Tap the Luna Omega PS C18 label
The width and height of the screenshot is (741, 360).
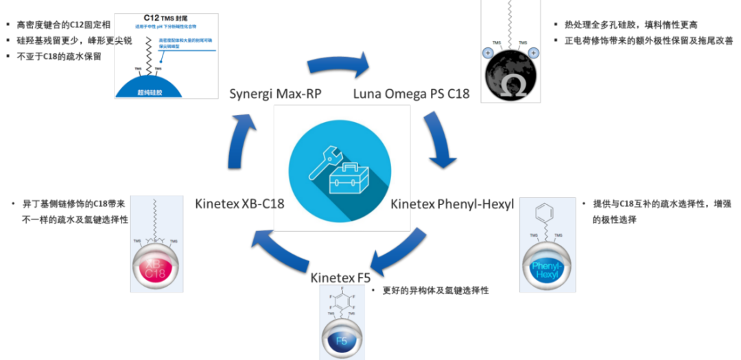coord(411,93)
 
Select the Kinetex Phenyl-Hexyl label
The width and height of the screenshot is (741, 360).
coord(452,204)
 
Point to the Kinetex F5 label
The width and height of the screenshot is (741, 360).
coord(340,278)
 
